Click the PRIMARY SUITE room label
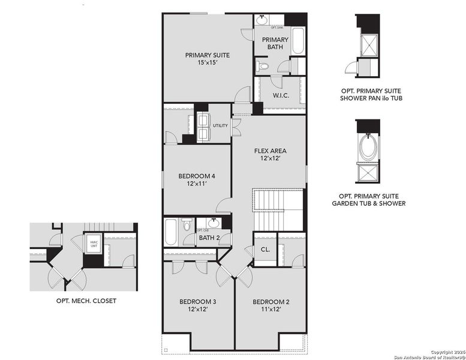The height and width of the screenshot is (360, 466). tap(207, 55)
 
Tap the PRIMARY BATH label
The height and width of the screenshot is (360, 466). tap(275, 44)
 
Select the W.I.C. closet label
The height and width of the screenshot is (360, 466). tap(281, 95)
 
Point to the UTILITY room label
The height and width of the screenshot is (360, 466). tap(220, 125)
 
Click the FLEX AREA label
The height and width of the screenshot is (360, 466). tap(270, 151)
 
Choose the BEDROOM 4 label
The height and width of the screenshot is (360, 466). tap(196, 176)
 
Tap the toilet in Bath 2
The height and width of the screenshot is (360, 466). tap(187, 226)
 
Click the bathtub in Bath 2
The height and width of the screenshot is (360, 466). tap(171, 232)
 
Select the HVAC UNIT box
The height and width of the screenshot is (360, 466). tap(93, 244)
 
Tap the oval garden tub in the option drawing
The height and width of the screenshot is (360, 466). tap(367, 146)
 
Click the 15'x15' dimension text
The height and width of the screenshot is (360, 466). tap(207, 62)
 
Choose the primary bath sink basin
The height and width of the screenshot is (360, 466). tap(262, 20)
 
